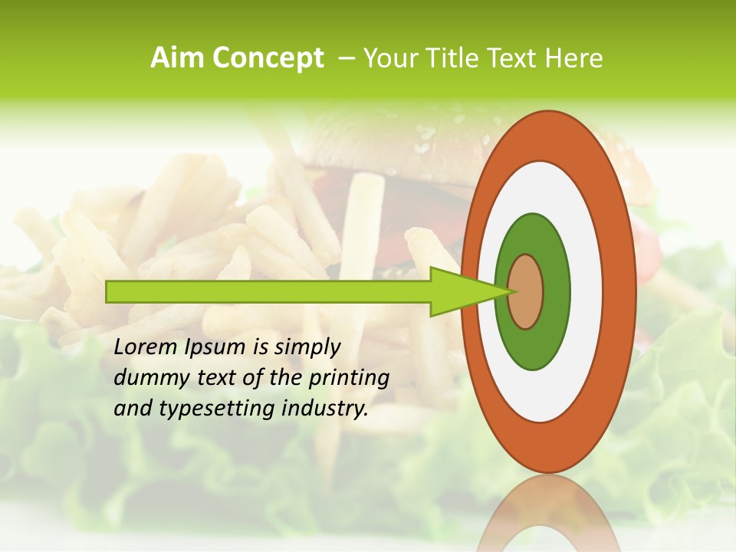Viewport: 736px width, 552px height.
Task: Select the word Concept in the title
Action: coord(269,58)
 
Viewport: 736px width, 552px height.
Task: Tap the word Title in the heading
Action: coord(459,58)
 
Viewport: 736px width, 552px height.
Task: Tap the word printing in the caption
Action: coord(350,379)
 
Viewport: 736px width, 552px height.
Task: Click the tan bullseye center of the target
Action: coord(525,291)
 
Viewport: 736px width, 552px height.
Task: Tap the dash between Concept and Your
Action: coord(345,58)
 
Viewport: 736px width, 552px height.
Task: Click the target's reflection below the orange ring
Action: coord(547,514)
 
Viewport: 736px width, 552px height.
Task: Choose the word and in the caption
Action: coord(131,409)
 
